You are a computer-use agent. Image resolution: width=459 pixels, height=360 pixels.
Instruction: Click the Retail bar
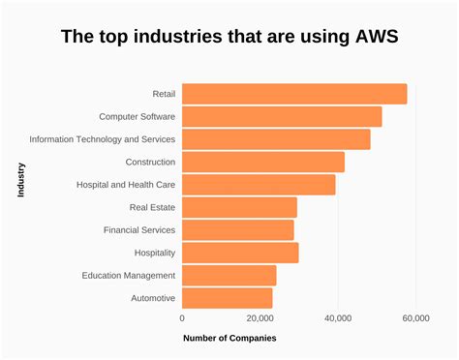coord(294,94)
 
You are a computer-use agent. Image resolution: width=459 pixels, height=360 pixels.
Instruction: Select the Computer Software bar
coord(282,117)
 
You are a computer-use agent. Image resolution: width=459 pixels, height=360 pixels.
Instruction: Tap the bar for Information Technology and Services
coord(276,139)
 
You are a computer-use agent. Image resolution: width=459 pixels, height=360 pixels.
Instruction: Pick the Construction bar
coord(263,162)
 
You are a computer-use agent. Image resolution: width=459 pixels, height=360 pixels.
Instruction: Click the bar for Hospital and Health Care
coord(259,185)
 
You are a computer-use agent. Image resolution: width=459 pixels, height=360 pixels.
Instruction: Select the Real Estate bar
coord(239,207)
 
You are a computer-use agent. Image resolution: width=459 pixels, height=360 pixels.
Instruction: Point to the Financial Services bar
coord(238,230)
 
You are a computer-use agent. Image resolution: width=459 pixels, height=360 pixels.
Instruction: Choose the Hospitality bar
coord(240,253)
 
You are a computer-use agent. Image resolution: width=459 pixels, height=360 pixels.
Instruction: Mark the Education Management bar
coord(229,276)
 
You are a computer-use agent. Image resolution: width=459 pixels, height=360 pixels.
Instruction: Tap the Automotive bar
coord(228,298)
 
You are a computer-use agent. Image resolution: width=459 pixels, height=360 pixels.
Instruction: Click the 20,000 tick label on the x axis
coord(260,317)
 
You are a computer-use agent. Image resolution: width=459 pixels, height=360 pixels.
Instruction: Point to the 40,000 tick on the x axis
coord(338,317)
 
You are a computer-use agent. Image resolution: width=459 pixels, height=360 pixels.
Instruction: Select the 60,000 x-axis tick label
coord(415,317)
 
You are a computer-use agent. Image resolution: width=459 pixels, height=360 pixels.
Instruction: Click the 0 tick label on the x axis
coord(182,317)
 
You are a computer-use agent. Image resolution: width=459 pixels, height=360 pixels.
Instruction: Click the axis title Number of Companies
coord(229,339)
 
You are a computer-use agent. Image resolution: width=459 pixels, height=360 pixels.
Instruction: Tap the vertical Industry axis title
coord(20,180)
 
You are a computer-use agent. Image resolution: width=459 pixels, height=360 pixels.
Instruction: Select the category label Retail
coord(164,94)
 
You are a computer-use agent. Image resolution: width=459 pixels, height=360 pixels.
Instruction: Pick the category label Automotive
coord(153,298)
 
